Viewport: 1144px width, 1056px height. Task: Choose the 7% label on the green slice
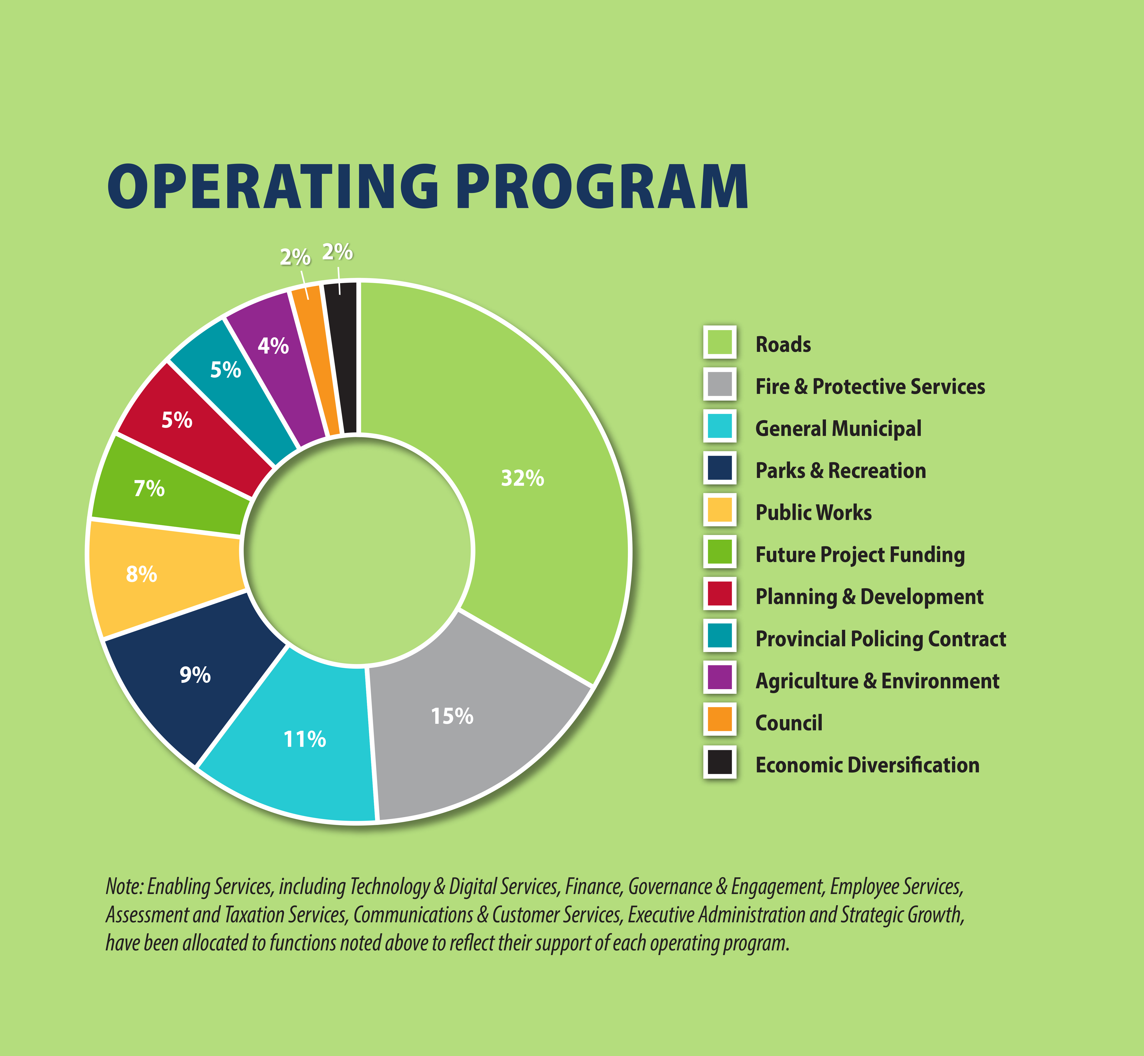click(x=149, y=489)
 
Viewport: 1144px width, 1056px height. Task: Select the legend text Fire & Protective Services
click(x=870, y=386)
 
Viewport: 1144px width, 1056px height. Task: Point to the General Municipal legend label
click(x=838, y=429)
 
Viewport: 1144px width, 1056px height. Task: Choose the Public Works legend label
click(x=813, y=513)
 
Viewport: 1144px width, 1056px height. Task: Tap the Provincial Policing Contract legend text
click(x=880, y=639)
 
